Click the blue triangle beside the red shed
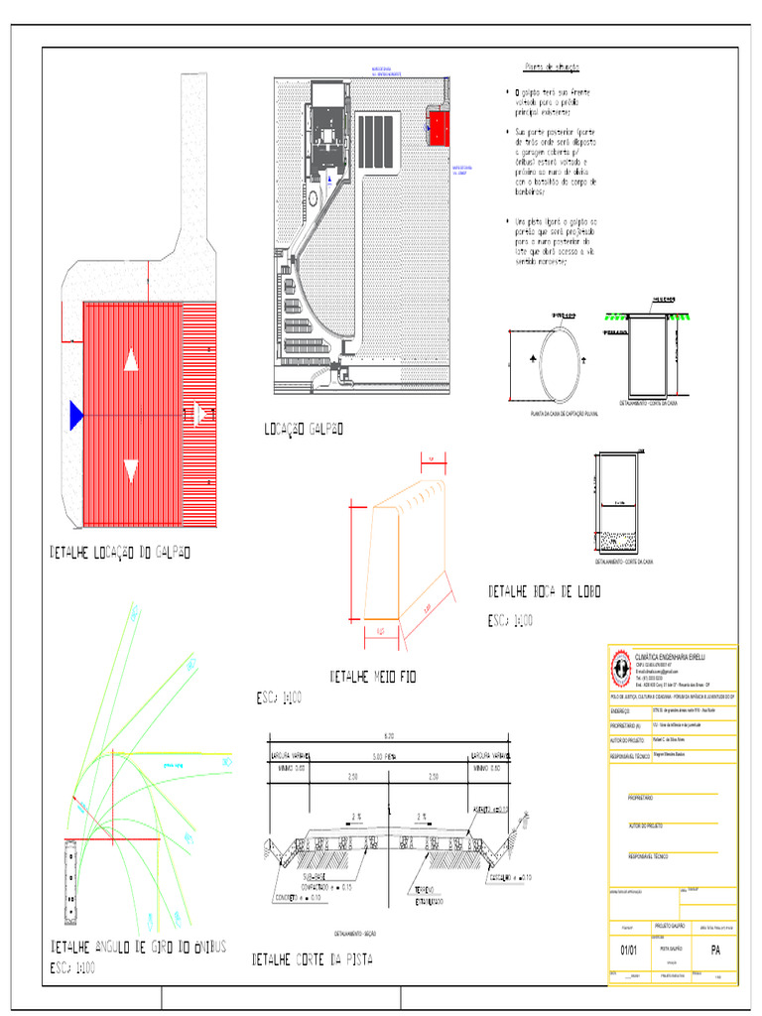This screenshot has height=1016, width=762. click(74, 414)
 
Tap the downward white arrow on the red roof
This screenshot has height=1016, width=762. click(131, 470)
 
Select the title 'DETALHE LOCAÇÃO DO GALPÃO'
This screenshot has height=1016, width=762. click(120, 552)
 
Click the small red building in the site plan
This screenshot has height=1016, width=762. click(439, 127)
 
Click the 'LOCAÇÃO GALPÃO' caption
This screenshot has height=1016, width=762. click(304, 429)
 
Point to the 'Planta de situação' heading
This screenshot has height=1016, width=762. click(552, 67)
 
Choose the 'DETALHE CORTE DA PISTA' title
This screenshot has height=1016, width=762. click(313, 959)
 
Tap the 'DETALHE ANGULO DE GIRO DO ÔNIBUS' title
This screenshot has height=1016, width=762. click(138, 947)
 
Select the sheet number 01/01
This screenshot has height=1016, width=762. click(628, 951)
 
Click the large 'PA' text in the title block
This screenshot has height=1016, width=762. click(714, 951)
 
